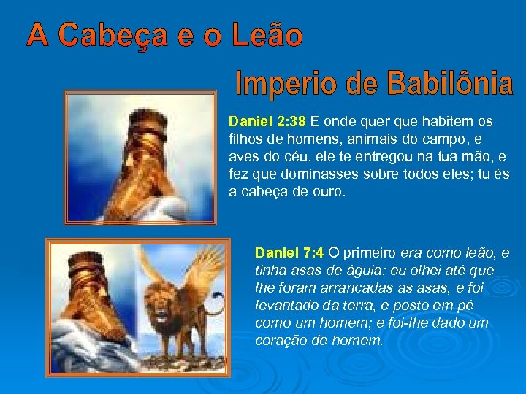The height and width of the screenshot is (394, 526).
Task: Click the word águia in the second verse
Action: pos(366,271)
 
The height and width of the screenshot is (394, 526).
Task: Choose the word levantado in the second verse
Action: pos(284,306)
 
